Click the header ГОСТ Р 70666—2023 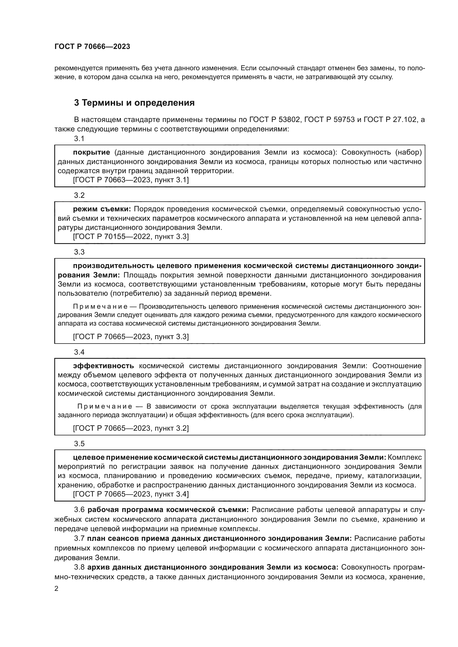(x=92, y=47)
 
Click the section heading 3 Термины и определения (x=134, y=103)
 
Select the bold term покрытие (x=91, y=152)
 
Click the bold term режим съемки (x=102, y=209)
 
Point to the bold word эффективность (x=104, y=366)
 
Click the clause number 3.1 (x=79, y=139)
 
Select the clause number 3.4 (x=79, y=352)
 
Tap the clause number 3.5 (x=79, y=443)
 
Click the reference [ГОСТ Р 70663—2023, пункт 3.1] (x=131, y=180)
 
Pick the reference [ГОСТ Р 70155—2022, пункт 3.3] (x=131, y=237)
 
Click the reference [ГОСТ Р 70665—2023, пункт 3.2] (x=131, y=428)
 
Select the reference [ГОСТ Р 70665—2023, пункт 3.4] (x=131, y=494)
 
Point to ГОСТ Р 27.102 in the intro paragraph (x=390, y=120)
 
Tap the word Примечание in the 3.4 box (x=105, y=406)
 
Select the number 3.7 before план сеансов (x=79, y=538)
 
